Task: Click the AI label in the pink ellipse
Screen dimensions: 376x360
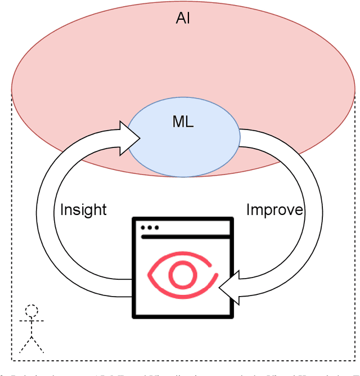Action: point(183,20)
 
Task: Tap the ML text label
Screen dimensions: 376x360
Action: point(183,123)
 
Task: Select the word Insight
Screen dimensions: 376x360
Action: point(83,210)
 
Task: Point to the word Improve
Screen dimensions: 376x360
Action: point(274,210)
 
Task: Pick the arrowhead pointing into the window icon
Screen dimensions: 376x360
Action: point(227,288)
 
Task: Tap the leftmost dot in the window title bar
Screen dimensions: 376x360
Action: point(144,227)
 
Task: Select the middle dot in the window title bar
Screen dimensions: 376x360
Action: point(150,227)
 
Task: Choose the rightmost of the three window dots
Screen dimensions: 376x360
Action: point(156,227)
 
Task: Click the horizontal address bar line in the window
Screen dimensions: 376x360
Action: point(186,237)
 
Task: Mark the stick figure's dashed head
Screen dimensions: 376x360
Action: point(32,311)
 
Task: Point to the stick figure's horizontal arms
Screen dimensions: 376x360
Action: point(32,321)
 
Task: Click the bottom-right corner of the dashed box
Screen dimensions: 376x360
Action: point(355,360)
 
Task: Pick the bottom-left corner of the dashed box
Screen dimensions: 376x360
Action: point(12,360)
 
